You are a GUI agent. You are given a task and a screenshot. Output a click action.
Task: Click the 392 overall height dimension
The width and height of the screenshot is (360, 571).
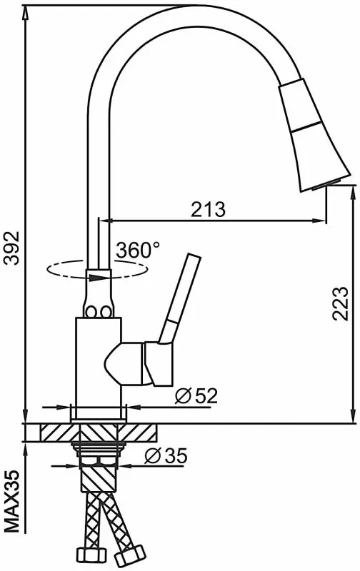pos(11,248)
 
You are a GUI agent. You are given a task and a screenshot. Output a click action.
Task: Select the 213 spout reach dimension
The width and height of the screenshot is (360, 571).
pos(209,209)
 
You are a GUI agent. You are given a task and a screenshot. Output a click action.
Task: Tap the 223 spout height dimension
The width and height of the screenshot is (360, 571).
pos(340,303)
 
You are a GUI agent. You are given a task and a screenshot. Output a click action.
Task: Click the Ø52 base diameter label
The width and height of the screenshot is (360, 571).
pos(196,396)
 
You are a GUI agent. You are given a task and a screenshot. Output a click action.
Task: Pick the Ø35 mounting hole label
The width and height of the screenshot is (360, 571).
pos(166,455)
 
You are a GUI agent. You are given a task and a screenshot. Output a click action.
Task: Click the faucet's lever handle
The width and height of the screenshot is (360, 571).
pos(180,298)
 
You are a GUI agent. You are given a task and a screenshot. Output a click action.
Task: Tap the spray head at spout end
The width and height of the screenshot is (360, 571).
pos(314,135)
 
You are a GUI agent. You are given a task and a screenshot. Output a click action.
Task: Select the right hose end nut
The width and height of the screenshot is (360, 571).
pos(129,555)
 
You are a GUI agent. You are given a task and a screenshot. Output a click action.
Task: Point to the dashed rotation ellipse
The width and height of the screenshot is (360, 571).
pos(97,270)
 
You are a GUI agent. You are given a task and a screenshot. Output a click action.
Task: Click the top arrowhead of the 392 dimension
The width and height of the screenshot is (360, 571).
pos(26,14)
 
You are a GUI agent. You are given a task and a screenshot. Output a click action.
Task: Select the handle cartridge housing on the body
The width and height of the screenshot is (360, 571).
pos(139,363)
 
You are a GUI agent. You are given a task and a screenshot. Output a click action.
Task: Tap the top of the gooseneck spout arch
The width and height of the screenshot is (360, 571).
pos(193,14)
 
